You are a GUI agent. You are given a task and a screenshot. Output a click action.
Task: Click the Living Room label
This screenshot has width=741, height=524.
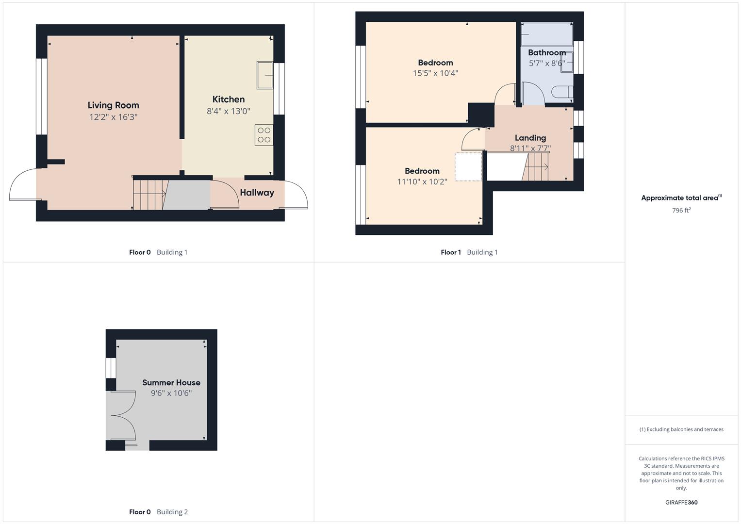(x=113, y=105)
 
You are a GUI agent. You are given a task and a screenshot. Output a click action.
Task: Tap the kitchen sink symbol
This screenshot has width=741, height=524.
(x=264, y=75)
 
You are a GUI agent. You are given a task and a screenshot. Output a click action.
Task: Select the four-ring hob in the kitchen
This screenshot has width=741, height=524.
(x=263, y=135)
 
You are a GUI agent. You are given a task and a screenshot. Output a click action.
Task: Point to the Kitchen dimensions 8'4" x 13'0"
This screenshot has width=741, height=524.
(x=229, y=111)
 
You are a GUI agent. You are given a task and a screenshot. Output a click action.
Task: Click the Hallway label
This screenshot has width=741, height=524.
(x=257, y=193)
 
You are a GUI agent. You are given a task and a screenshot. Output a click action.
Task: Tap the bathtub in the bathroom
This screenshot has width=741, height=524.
(x=547, y=34)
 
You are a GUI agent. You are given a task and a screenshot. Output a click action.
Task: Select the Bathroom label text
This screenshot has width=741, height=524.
(x=547, y=52)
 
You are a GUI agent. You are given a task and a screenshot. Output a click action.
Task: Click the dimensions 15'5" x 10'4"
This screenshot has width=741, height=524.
(x=435, y=73)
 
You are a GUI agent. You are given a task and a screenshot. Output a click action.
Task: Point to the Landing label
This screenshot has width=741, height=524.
(x=530, y=138)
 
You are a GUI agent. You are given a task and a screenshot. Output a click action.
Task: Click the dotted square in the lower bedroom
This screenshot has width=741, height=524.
(x=468, y=167)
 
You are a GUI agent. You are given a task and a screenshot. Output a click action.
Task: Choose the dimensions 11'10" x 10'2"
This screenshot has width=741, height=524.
(x=422, y=181)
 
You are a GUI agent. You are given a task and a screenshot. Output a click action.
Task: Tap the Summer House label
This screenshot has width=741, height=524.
(x=171, y=382)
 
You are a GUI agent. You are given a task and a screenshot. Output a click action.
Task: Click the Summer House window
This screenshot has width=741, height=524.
(x=111, y=368)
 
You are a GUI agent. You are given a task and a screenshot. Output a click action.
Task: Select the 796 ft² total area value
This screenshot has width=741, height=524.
(x=681, y=210)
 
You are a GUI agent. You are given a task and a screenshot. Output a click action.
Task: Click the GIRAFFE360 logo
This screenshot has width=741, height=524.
(x=681, y=502)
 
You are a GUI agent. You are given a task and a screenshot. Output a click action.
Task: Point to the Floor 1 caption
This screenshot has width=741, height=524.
(x=451, y=252)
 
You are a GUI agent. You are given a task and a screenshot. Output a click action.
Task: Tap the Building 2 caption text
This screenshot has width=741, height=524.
(x=172, y=512)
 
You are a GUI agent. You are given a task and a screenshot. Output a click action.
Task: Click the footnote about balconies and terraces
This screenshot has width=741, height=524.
(x=681, y=429)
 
